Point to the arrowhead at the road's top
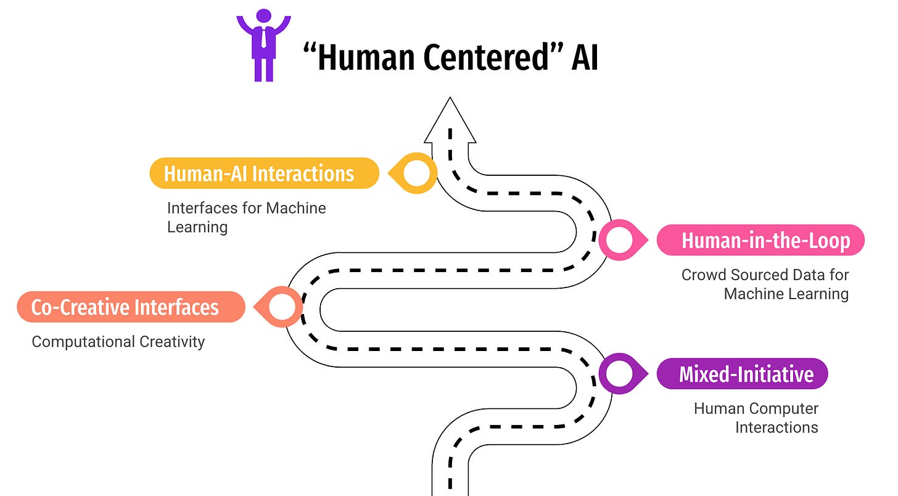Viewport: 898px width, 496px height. (450, 121)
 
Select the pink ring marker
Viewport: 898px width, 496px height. (620, 240)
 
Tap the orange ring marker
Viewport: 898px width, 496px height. (282, 307)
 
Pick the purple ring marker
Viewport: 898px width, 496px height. (620, 373)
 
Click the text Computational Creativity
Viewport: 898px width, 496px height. (118, 341)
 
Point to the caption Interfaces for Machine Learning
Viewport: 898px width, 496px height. (246, 217)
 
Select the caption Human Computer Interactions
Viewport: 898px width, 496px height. (756, 418)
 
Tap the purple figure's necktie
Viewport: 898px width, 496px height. (263, 37)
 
